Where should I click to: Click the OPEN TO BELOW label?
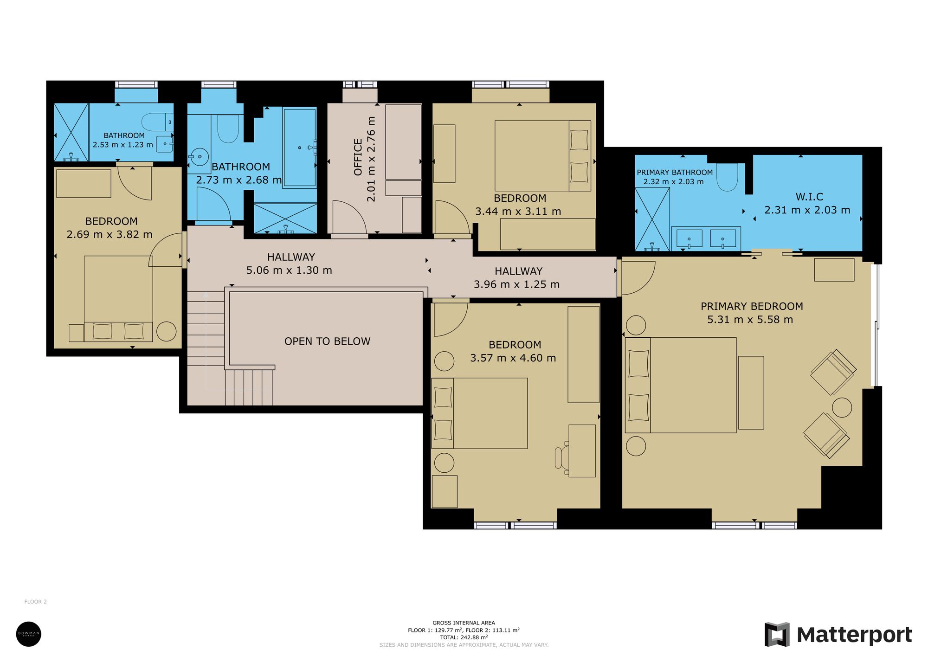327,341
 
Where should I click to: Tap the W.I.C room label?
809,197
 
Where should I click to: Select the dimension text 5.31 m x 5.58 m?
750,320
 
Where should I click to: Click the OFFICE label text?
358,157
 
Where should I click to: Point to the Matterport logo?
838,635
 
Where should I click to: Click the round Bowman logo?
29,634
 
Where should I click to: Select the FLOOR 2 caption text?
35,602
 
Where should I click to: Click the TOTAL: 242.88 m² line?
464,637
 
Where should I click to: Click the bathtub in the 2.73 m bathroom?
300,148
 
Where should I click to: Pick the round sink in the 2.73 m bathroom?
200,156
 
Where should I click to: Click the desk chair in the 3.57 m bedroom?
562,457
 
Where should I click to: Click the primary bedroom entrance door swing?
638,277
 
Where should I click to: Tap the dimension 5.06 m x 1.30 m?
289,270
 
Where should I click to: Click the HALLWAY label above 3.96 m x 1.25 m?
518,271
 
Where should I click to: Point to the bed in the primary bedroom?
681,385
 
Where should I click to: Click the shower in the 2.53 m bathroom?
71,132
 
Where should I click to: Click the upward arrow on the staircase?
206,295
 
